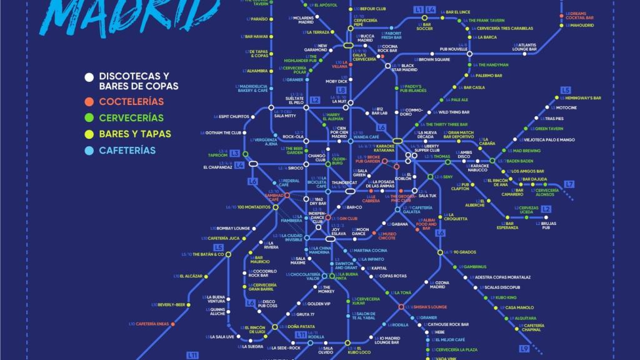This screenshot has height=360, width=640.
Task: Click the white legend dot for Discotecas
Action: pyautogui.click(x=89, y=77)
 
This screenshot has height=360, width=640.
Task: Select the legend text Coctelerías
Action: pyautogui.click(x=131, y=101)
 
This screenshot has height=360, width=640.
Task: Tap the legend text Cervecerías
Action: pyautogui.click(x=131, y=117)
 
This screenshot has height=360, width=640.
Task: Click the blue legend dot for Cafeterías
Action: pyautogui.click(x=89, y=151)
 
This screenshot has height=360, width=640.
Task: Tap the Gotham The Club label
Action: pyautogui.click(x=223, y=132)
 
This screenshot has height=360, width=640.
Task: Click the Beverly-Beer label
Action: pyautogui.click(x=171, y=304)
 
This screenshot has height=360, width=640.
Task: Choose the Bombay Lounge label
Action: pyautogui.click(x=232, y=228)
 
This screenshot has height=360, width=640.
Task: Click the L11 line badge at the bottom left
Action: pyautogui.click(x=192, y=355)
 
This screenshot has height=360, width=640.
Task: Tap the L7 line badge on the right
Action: pyautogui.click(x=569, y=184)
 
